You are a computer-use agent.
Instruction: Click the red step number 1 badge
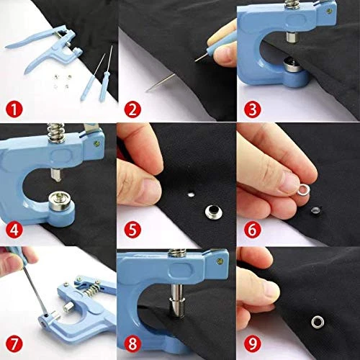click(14, 109)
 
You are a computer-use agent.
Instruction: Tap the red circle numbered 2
click(132, 109)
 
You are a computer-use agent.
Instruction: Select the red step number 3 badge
click(252, 109)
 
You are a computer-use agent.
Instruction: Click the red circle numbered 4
click(14, 230)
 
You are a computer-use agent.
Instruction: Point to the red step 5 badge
click(132, 230)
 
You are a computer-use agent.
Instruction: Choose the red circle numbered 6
click(252, 230)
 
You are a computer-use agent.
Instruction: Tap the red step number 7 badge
click(14, 344)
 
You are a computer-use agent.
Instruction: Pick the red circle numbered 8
click(132, 344)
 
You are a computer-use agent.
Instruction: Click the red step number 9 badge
click(252, 344)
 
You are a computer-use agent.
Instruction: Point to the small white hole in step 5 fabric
click(191, 194)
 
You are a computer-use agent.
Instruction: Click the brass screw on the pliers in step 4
click(97, 143)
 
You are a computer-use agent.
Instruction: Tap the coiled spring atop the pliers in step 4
click(55, 132)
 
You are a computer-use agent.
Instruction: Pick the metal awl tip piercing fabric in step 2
click(199, 58)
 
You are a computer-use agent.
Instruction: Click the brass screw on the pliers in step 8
click(220, 261)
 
